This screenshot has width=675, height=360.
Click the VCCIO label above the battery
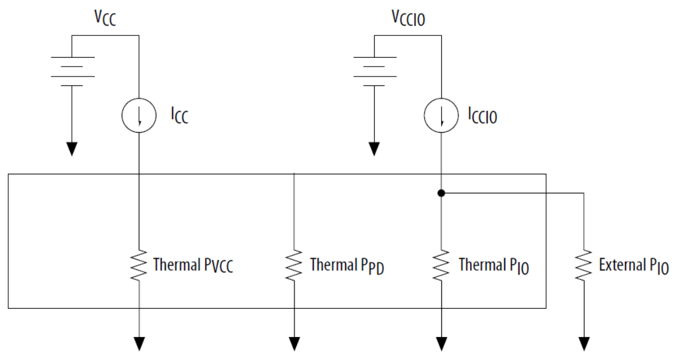pyautogui.click(x=409, y=18)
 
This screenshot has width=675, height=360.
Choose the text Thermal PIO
pyautogui.click(x=494, y=266)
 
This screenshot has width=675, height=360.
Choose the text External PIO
pyautogui.click(x=633, y=266)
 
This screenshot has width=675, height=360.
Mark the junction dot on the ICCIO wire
pyautogui.click(x=441, y=193)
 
